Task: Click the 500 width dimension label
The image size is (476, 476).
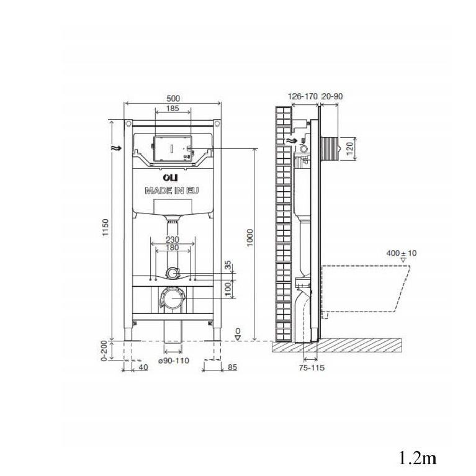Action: (173, 98)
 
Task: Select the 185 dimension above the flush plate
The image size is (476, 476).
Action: (173, 108)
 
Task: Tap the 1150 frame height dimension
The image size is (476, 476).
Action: (105, 228)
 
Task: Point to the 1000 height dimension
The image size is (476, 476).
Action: (249, 238)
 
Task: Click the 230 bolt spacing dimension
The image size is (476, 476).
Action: (173, 240)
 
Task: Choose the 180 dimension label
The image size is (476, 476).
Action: (173, 248)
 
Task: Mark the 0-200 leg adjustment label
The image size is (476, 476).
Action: (104, 351)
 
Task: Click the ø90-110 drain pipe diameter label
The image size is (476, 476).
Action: (174, 361)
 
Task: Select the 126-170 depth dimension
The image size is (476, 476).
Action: (302, 96)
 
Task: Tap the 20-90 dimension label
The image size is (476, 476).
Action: (332, 96)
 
